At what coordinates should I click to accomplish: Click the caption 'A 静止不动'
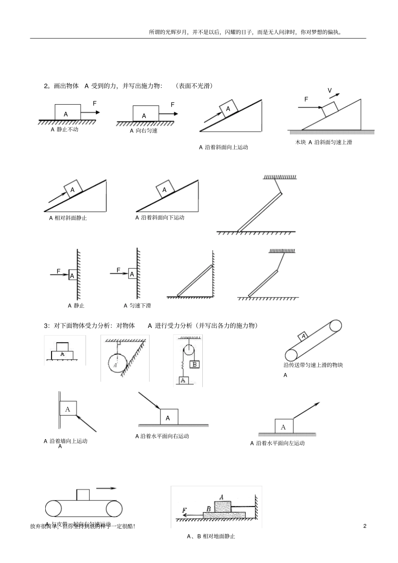coord(65,130)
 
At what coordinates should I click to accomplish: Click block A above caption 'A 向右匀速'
coord(145,114)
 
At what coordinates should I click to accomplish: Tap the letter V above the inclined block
coord(330,91)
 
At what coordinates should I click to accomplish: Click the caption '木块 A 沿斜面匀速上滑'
coord(323,142)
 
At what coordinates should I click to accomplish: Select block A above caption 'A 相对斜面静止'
coord(72,189)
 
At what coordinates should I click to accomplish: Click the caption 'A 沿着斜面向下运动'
coord(160,218)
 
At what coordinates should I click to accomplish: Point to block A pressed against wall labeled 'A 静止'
coord(72,275)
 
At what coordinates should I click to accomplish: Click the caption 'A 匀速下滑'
coord(137,306)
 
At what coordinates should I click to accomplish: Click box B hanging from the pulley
coord(194,364)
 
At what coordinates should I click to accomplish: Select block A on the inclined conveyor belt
coord(303,336)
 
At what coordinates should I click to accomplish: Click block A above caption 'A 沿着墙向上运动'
coord(68,409)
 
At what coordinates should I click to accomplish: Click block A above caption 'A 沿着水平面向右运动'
coord(169,417)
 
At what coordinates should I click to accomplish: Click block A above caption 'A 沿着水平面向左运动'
coord(284,426)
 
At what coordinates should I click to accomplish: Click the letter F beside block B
coord(184,510)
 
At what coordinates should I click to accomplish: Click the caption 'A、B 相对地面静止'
coord(211,536)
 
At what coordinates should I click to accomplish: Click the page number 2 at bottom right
coord(364,526)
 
